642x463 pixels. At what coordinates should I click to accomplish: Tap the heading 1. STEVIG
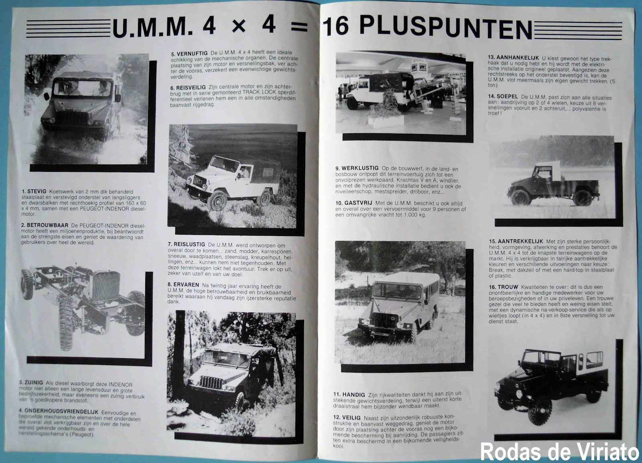click(34, 192)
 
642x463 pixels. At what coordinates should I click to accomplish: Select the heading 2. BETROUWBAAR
click(45, 225)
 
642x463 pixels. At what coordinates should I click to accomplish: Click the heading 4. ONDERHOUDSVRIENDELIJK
click(58, 411)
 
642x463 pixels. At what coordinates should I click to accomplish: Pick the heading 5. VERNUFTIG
click(189, 53)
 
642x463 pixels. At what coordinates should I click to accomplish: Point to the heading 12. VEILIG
click(347, 418)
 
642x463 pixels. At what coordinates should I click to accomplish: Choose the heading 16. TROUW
click(503, 287)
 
